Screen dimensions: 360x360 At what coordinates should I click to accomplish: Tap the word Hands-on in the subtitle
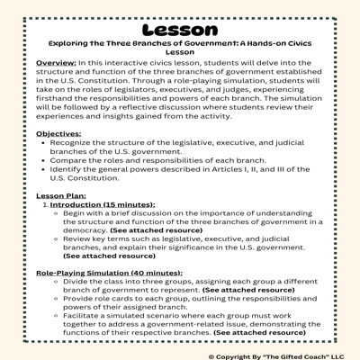tap(263, 42)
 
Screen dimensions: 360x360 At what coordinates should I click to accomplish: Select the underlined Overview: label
tap(46, 63)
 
